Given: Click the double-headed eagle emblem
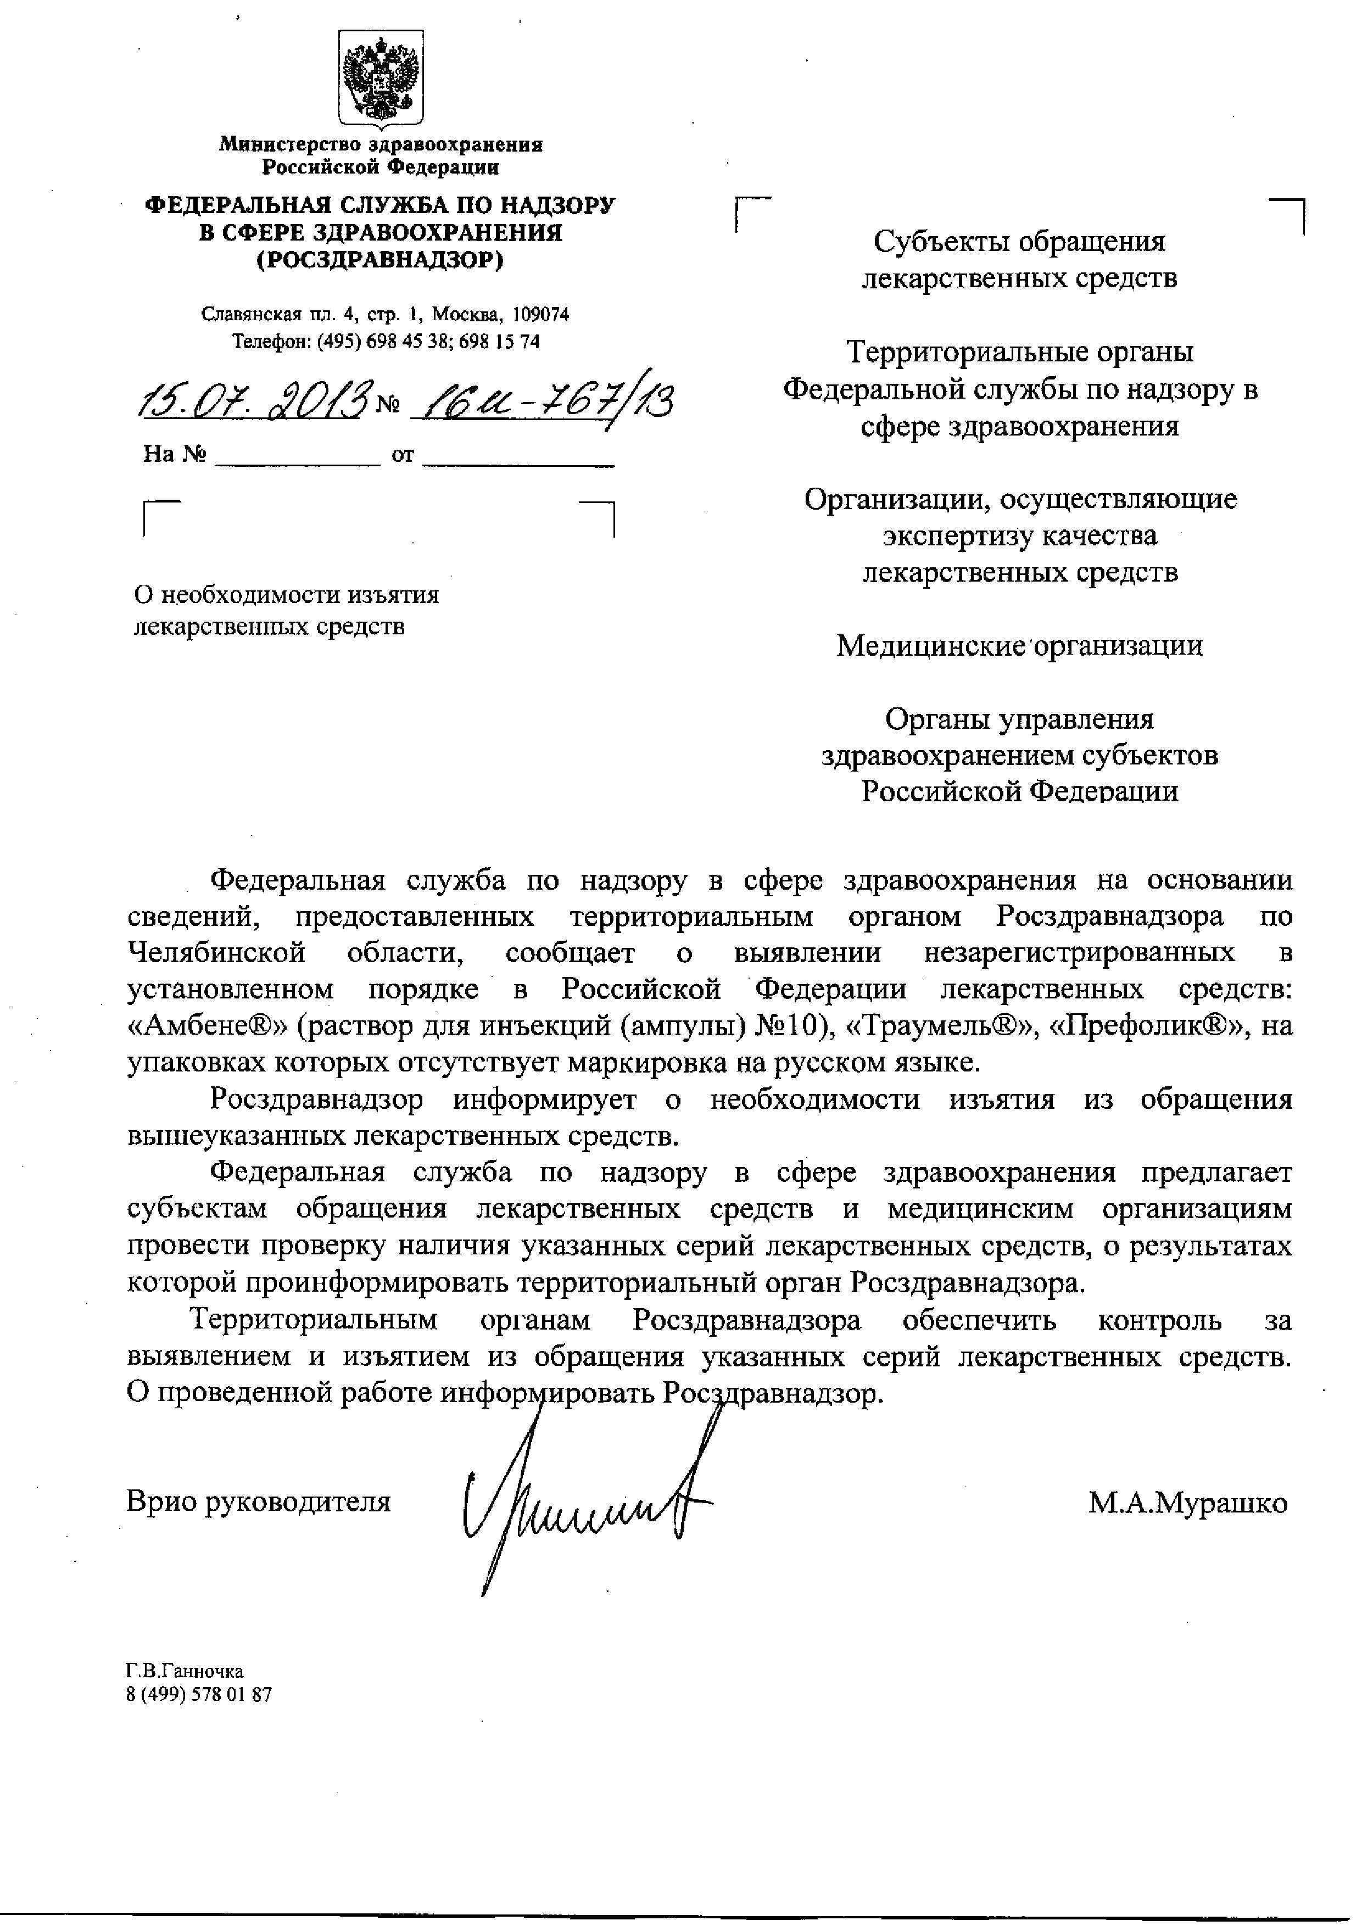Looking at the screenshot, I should click(x=381, y=78).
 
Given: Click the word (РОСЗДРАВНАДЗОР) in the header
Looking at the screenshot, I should click(x=380, y=260).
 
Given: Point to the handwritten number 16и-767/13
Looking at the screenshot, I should click(x=547, y=402).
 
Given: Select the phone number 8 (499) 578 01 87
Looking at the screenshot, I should click(x=199, y=1694).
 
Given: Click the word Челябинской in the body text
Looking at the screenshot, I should click(x=215, y=953).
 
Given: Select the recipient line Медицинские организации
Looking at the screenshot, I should click(x=1019, y=645).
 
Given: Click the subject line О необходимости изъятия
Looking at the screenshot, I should click(x=287, y=595).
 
